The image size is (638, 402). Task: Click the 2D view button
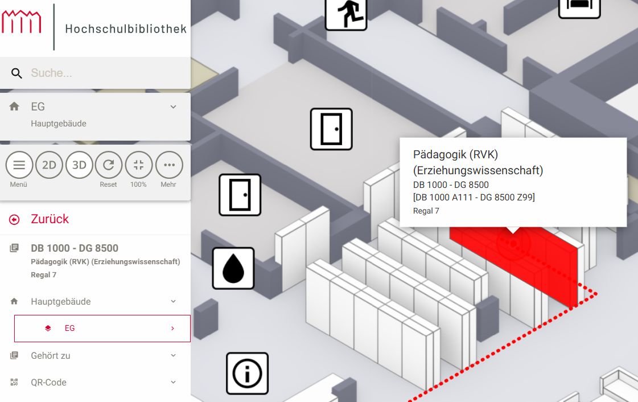50,165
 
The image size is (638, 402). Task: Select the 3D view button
79,165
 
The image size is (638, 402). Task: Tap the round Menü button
19,165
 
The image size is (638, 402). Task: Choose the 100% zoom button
139,165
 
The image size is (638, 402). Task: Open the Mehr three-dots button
169,165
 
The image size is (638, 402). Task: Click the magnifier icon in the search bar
17,73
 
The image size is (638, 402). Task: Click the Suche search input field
106,73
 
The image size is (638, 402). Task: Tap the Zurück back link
50,219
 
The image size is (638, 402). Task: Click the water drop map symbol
233,269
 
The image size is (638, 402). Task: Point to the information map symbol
248,374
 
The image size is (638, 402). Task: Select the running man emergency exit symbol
346,14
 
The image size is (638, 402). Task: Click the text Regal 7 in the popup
426,211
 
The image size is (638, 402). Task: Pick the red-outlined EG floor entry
102,329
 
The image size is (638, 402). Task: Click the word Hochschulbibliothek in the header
126,29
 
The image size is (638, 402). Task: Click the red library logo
22,22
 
